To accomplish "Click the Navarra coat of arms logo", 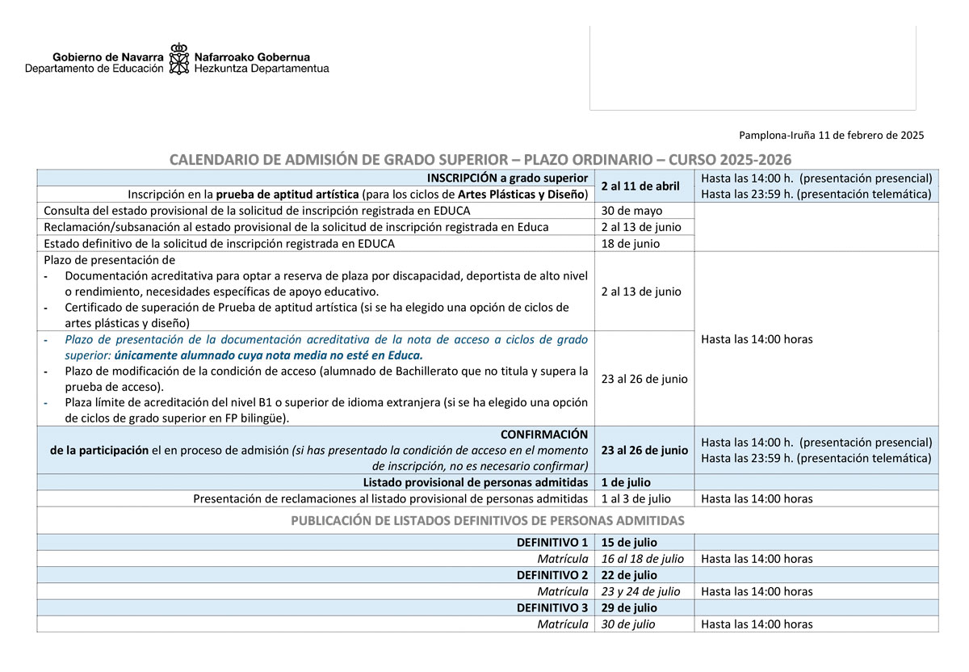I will point(178,59).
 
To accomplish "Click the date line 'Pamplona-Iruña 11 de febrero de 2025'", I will point(831,136).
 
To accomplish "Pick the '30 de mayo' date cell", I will point(631,211).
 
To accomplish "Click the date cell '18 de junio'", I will point(630,243).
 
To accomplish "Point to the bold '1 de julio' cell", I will point(626,483).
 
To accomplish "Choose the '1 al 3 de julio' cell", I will point(636,499).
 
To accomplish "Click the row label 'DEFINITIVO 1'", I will point(552,543).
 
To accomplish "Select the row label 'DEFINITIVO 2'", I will point(552,575).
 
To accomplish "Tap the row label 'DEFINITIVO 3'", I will point(552,607).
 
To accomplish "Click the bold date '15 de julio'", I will point(629,543).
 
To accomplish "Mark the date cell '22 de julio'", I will point(629,575).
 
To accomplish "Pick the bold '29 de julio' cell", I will point(629,607).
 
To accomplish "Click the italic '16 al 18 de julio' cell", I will point(642,559).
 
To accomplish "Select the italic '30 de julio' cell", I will point(628,624).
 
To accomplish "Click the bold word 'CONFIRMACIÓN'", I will point(544,435).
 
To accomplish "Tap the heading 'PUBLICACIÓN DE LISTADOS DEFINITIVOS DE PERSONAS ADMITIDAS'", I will point(488,520).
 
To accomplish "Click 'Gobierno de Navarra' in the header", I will point(108,57).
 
